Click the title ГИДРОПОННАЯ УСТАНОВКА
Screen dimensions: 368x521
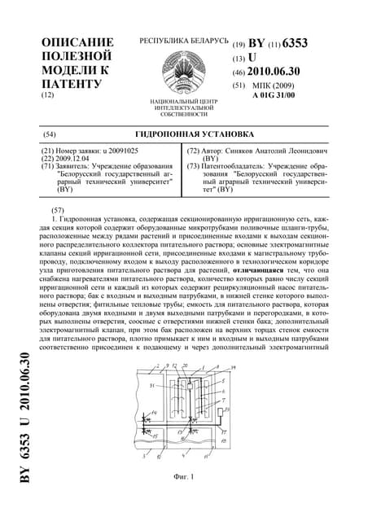[x=183, y=133]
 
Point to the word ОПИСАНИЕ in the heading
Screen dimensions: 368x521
[x=77, y=42]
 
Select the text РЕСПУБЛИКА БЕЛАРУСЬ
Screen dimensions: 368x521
[x=184, y=41]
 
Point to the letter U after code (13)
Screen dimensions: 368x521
[x=252, y=58]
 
